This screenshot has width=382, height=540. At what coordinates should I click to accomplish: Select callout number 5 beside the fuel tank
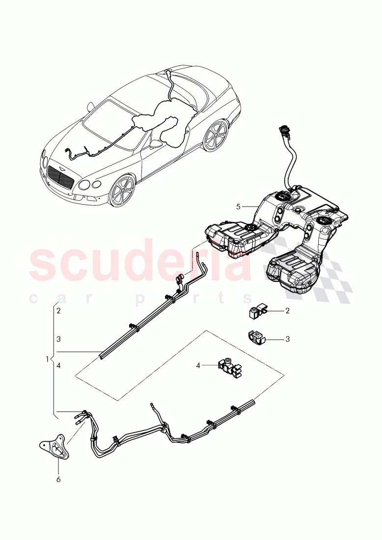tap(238, 207)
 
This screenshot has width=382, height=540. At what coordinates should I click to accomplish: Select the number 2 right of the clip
tap(288, 311)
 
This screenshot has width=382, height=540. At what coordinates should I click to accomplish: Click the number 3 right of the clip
tap(288, 339)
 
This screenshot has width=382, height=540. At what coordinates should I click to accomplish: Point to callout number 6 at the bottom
tap(58, 479)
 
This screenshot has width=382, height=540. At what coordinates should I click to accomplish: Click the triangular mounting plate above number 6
tap(55, 446)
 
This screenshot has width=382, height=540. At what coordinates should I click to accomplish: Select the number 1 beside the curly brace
tap(48, 359)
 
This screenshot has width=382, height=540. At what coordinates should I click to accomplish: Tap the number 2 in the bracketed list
tap(58, 311)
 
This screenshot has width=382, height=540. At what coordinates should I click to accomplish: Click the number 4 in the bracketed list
tap(58, 365)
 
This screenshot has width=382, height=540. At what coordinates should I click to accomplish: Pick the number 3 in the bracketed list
tap(58, 339)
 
